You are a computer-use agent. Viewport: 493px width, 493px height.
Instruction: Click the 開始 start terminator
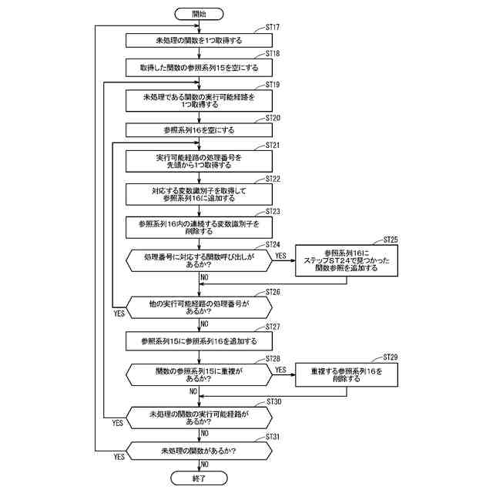199,14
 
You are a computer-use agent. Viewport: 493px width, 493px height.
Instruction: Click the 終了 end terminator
199,478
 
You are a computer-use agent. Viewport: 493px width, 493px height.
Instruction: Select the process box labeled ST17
199,40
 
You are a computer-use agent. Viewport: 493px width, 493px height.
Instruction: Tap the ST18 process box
199,68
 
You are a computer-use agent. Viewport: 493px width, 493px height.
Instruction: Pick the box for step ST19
199,100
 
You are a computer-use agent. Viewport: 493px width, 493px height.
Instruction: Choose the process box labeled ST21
199,161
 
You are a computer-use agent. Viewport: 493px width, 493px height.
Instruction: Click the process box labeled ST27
199,340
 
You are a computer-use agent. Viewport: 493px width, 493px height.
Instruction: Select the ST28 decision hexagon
199,374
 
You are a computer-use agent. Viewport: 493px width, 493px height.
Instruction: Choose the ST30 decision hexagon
199,418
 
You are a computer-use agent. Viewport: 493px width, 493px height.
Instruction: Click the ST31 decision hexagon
199,451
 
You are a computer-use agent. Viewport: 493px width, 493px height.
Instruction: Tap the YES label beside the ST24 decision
281,255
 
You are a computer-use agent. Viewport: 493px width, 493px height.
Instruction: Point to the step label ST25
390,240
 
